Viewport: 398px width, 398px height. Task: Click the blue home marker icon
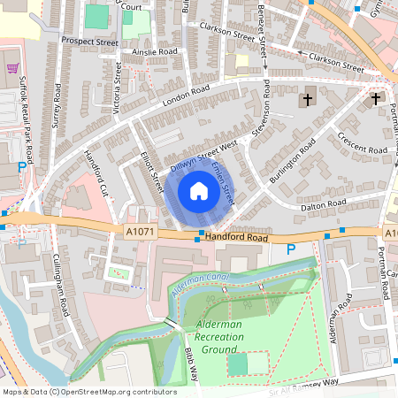(199, 190)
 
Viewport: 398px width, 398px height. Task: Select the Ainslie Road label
(156, 51)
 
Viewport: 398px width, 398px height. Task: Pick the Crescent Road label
(363, 143)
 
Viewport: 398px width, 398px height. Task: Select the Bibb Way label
(188, 370)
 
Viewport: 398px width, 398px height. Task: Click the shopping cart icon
(12, 67)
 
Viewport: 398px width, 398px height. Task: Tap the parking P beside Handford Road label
(291, 249)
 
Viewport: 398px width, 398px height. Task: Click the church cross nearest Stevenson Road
(309, 99)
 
